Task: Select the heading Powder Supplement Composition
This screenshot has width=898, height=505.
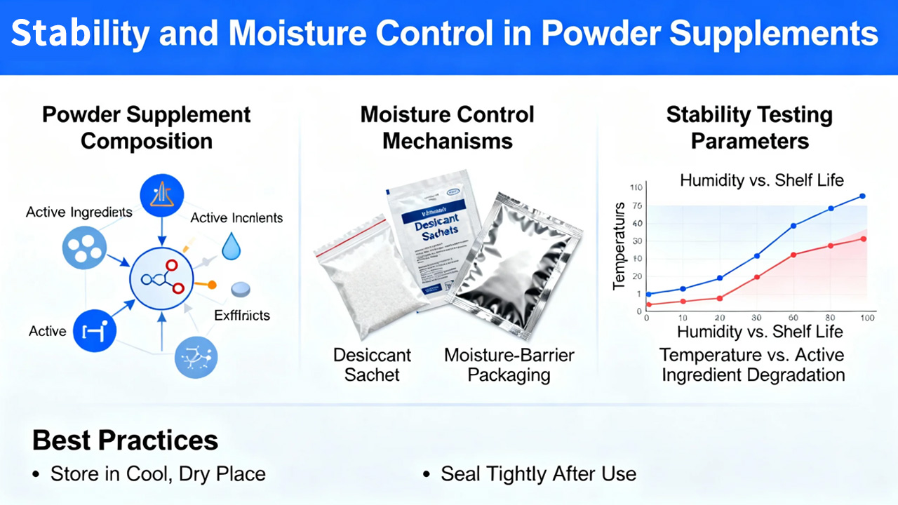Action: coord(147,128)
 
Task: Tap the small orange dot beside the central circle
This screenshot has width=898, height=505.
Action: coord(212,285)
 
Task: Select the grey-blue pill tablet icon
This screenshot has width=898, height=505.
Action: coord(241,288)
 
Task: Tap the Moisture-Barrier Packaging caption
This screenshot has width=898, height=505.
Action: coord(509,365)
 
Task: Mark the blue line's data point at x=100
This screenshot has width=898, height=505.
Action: coord(862,196)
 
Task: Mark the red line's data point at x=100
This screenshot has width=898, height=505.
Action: coord(862,239)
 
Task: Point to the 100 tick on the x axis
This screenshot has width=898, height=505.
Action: coord(866,318)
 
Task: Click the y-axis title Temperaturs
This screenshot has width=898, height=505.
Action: coord(619,245)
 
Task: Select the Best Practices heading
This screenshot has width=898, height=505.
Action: coord(126,440)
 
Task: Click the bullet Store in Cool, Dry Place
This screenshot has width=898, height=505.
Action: coord(158,474)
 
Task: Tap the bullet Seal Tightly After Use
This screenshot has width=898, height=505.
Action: coord(538,474)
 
